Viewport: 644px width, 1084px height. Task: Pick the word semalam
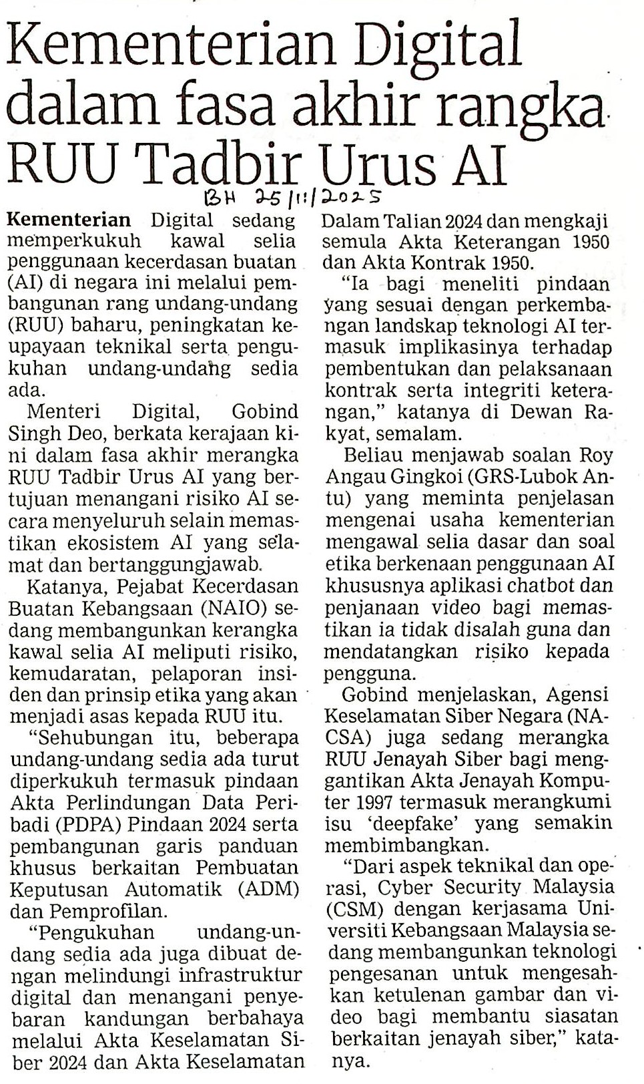424,433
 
